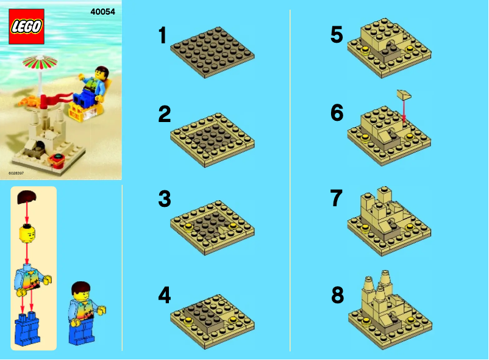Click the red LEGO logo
(27, 26)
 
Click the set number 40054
(102, 11)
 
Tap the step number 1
(162, 35)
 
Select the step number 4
(164, 295)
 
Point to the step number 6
(337, 113)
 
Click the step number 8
(337, 295)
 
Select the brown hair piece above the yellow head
(27, 197)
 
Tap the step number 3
(164, 199)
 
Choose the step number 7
(337, 199)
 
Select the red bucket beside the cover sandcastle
(59, 160)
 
